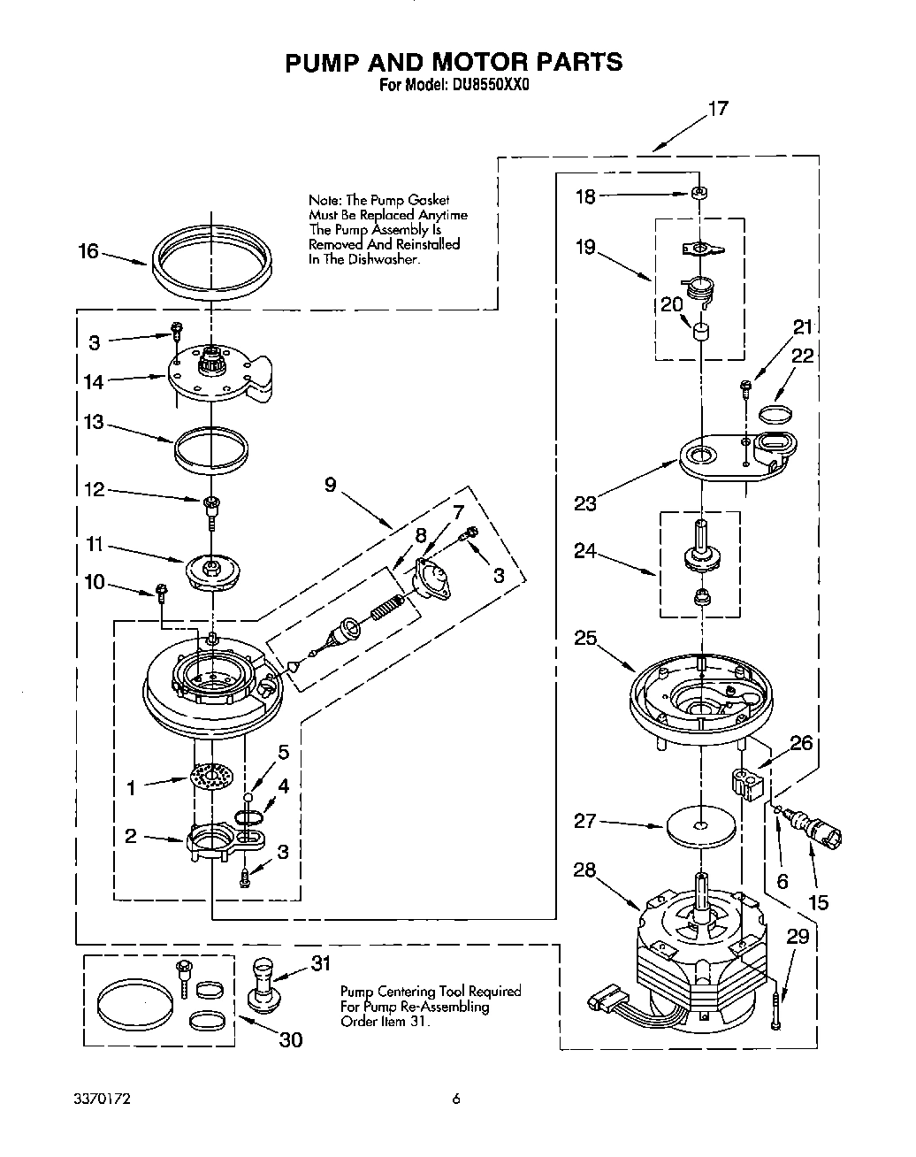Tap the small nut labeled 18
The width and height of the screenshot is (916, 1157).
[698, 193]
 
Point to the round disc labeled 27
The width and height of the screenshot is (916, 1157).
[700, 826]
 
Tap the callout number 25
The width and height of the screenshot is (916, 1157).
[585, 637]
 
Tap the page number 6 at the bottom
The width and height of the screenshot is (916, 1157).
[456, 1100]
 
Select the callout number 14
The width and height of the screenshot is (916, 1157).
[94, 382]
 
